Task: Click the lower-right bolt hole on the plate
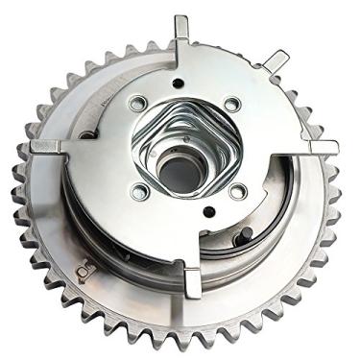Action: click(236, 192)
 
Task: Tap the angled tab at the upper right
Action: click(276, 60)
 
